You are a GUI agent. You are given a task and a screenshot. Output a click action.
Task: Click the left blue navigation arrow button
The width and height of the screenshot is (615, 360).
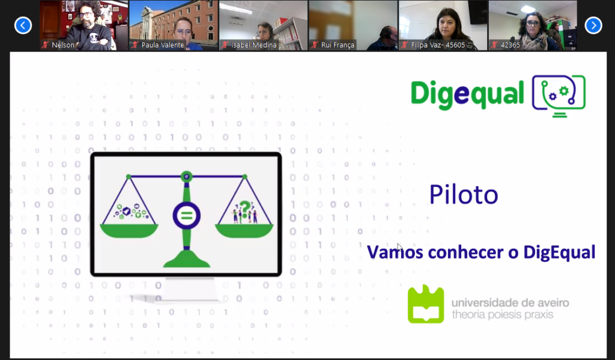[23, 25]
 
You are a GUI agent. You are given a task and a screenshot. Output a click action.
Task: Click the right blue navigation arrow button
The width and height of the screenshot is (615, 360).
[593, 25]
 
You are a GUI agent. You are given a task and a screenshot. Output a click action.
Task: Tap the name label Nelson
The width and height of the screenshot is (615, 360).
[63, 44]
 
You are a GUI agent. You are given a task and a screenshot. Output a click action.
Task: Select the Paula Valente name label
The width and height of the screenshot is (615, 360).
[162, 44]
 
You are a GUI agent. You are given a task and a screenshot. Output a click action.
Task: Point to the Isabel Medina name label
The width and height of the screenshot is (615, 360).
[253, 44]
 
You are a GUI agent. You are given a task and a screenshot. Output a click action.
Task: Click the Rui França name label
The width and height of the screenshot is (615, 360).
[338, 44]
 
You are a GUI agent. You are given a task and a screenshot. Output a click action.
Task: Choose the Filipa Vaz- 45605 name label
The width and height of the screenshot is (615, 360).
[438, 44]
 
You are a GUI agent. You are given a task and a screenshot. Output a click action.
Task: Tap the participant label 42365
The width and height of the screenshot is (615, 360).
[510, 44]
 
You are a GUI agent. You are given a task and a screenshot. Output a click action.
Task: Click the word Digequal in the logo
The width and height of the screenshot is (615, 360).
[467, 94]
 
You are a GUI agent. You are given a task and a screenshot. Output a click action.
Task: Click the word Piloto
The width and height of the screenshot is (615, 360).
[464, 194]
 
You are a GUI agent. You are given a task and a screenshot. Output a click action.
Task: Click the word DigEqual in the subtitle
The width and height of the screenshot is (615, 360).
[559, 252]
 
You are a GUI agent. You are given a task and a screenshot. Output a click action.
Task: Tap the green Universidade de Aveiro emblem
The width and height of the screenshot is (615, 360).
[426, 304]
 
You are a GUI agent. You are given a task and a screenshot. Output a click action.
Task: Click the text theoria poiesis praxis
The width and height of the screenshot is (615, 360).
[503, 314]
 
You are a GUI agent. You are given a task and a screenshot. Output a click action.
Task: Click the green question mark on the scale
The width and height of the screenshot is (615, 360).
[245, 209]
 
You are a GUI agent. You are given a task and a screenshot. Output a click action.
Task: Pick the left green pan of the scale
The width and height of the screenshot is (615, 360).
[129, 231]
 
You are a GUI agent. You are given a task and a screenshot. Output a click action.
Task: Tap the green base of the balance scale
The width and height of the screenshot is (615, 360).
[187, 260]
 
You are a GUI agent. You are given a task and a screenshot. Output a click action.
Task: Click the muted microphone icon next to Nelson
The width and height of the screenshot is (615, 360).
[45, 44]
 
